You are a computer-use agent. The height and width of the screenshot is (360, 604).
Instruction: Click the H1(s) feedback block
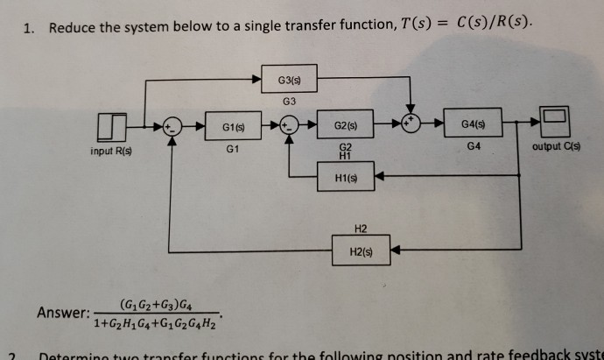point(344,179)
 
